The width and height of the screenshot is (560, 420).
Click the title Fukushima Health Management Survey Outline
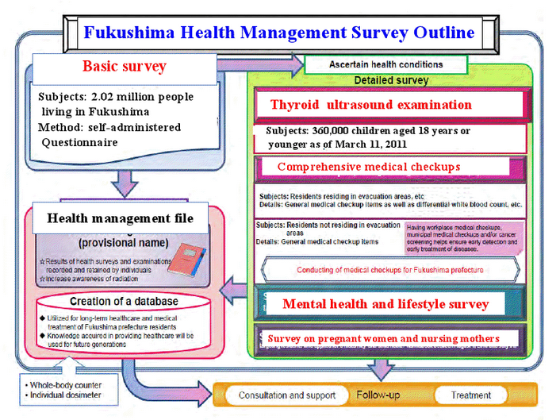pos(280,33)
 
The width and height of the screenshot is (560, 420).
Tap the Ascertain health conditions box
pos(385,64)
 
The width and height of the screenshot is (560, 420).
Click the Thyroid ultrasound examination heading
pos(370,105)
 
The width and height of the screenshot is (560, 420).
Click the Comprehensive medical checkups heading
pos(370,168)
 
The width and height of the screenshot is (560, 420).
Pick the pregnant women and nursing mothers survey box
pos(384,338)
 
